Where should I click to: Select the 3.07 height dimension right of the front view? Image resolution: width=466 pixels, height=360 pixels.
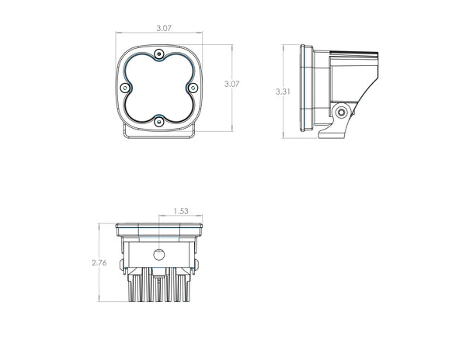(231, 83)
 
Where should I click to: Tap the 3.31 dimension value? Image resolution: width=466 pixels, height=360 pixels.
(283, 92)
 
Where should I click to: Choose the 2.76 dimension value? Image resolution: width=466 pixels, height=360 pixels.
(99, 263)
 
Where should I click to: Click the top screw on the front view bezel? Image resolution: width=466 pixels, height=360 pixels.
(159, 54)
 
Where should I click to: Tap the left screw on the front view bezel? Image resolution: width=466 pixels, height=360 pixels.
(127, 87)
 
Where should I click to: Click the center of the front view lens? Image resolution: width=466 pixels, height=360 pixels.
(159, 87)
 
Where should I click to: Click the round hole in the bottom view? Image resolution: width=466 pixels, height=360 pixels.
(159, 254)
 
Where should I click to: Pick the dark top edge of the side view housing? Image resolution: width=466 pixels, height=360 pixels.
(353, 53)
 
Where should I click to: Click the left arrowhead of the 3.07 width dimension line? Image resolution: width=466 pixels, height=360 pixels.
(118, 33)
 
